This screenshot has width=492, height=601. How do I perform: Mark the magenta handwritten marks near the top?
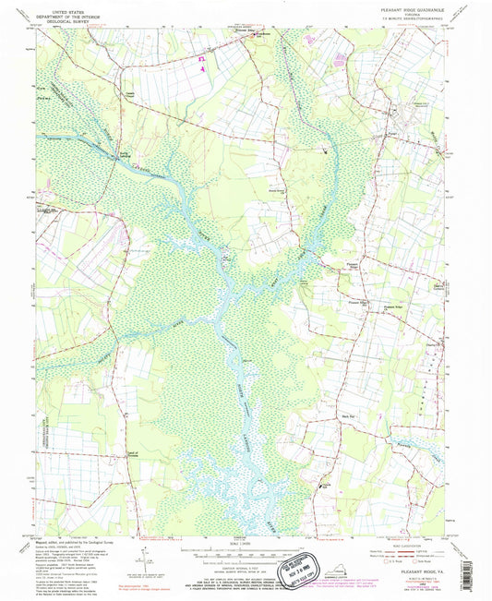pyautogui.click(x=199, y=63)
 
